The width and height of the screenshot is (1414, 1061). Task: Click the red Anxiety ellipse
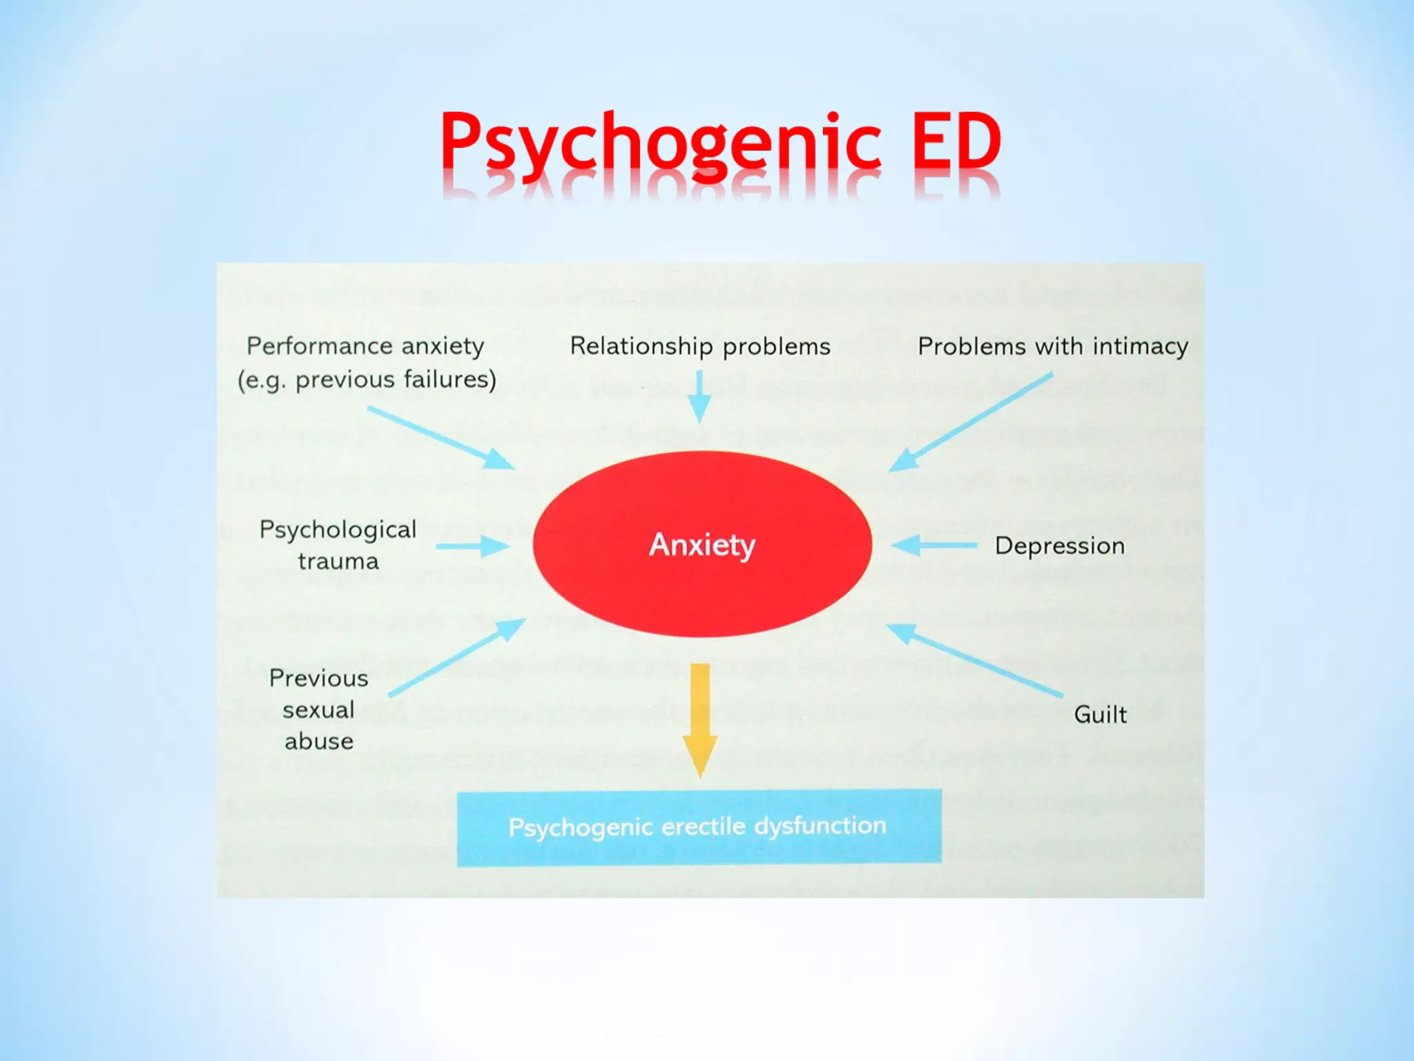(x=702, y=544)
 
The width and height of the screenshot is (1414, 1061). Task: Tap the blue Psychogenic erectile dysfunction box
(x=699, y=827)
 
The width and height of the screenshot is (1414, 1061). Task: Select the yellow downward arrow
(x=700, y=718)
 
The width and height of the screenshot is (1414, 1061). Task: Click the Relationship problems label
(x=700, y=346)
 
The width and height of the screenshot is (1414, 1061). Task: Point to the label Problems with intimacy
(x=1053, y=346)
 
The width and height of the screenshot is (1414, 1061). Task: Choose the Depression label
(x=1060, y=546)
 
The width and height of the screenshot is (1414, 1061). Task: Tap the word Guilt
(x=1100, y=714)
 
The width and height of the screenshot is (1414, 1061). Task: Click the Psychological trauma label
(x=338, y=545)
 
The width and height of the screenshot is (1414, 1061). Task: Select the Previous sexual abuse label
(x=319, y=709)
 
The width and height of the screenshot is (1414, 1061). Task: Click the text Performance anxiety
(x=365, y=345)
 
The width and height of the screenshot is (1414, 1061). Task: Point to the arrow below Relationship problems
(x=699, y=396)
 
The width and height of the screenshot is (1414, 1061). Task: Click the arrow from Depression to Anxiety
(x=934, y=546)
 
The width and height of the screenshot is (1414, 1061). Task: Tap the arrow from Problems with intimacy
(x=971, y=422)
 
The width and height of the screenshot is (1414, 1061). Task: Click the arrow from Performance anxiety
(x=440, y=438)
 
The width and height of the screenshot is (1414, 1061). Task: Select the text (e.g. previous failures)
(x=367, y=380)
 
